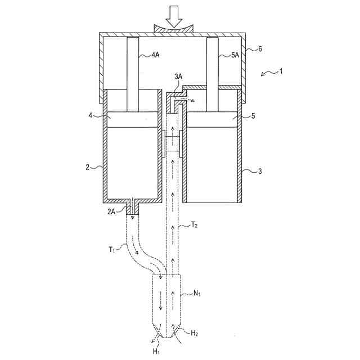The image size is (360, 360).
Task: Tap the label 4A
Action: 156,55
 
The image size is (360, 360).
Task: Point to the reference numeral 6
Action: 259,49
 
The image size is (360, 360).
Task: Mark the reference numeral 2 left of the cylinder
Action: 87,167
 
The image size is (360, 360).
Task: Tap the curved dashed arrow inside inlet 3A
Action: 184,100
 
